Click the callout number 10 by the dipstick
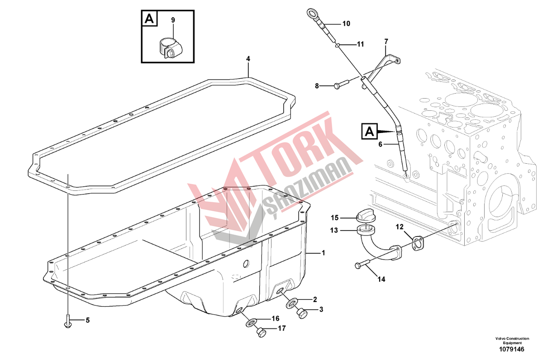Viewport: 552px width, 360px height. click(346, 24)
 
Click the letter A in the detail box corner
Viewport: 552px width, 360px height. click(149, 19)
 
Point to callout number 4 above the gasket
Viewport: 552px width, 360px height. click(248, 59)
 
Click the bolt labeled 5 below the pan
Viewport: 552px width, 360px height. click(67, 321)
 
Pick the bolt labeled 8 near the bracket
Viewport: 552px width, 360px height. click(341, 83)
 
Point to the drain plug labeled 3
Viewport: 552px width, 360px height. click(301, 313)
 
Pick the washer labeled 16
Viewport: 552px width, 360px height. click(251, 323)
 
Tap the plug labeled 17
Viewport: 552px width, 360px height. click(261, 332)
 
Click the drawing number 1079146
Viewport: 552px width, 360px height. click(511, 350)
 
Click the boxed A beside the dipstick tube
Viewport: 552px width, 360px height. click(369, 132)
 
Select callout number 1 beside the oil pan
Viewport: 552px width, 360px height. click(324, 253)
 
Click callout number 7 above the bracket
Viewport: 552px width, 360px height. click(386, 42)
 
